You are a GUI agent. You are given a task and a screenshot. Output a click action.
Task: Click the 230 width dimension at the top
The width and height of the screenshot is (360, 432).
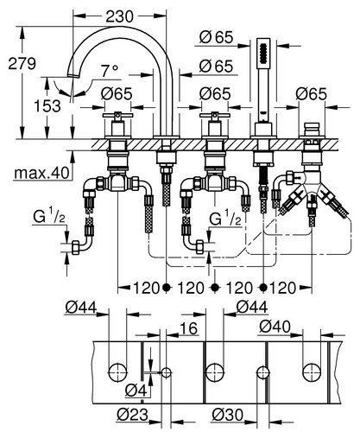pos(120,16)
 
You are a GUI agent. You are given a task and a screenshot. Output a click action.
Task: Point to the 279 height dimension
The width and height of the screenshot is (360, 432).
pos(22,63)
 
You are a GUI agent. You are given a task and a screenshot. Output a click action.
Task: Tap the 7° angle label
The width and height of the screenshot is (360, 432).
pos(110,71)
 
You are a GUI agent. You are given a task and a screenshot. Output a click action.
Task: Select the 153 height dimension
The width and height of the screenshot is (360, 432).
pos(47,106)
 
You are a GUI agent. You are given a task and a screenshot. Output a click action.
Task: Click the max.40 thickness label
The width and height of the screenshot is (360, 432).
pos(42,173)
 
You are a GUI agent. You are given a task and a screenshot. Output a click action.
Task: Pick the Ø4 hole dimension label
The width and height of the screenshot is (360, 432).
pos(136,391)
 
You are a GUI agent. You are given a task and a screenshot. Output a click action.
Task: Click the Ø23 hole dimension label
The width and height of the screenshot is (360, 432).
pos(133,415)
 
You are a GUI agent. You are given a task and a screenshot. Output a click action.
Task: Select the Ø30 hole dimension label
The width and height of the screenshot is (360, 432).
pos(228,415)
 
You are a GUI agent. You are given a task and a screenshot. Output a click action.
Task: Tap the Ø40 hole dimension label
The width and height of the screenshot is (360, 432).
pos(275,327)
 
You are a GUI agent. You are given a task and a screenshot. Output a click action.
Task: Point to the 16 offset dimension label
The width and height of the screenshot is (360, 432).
pos(189,328)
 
